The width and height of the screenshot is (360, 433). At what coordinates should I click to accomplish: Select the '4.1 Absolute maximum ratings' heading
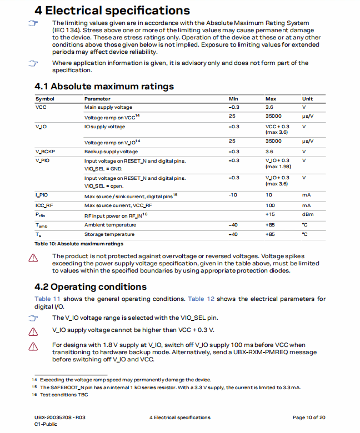click(104, 86)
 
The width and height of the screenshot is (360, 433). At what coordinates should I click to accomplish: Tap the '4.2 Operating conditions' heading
click(91, 286)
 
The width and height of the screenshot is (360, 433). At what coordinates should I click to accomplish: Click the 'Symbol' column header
click(45, 99)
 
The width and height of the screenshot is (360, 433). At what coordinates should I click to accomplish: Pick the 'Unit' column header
click(307, 99)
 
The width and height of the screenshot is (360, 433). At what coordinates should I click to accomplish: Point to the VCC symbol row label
click(41, 107)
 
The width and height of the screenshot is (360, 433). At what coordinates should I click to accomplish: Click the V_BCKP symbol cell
click(46, 152)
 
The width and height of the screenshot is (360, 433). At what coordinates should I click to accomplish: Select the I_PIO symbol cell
click(42, 195)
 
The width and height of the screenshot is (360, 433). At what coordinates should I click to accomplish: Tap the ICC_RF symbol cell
click(44, 205)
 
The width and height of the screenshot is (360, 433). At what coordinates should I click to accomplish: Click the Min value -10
click(233, 195)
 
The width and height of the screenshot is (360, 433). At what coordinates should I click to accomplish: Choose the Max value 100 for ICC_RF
click(270, 205)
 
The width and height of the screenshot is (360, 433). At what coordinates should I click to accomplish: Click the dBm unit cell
click(308, 214)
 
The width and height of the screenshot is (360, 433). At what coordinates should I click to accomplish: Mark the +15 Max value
click(270, 214)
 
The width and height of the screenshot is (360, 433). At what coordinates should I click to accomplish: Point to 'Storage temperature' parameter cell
click(110, 234)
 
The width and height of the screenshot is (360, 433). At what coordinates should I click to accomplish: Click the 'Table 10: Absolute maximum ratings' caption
click(79, 244)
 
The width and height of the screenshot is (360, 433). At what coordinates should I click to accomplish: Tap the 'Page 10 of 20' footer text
click(309, 417)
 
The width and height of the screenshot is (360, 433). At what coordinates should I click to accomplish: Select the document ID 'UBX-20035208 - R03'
click(60, 417)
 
